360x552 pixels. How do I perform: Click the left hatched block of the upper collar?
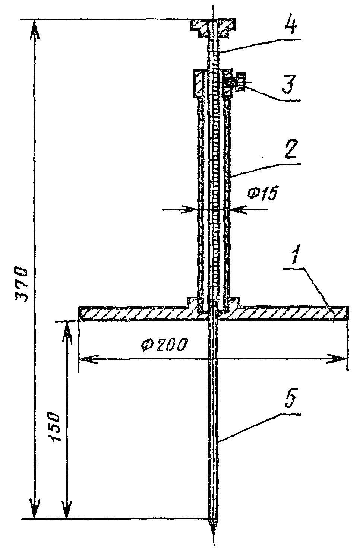199,83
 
